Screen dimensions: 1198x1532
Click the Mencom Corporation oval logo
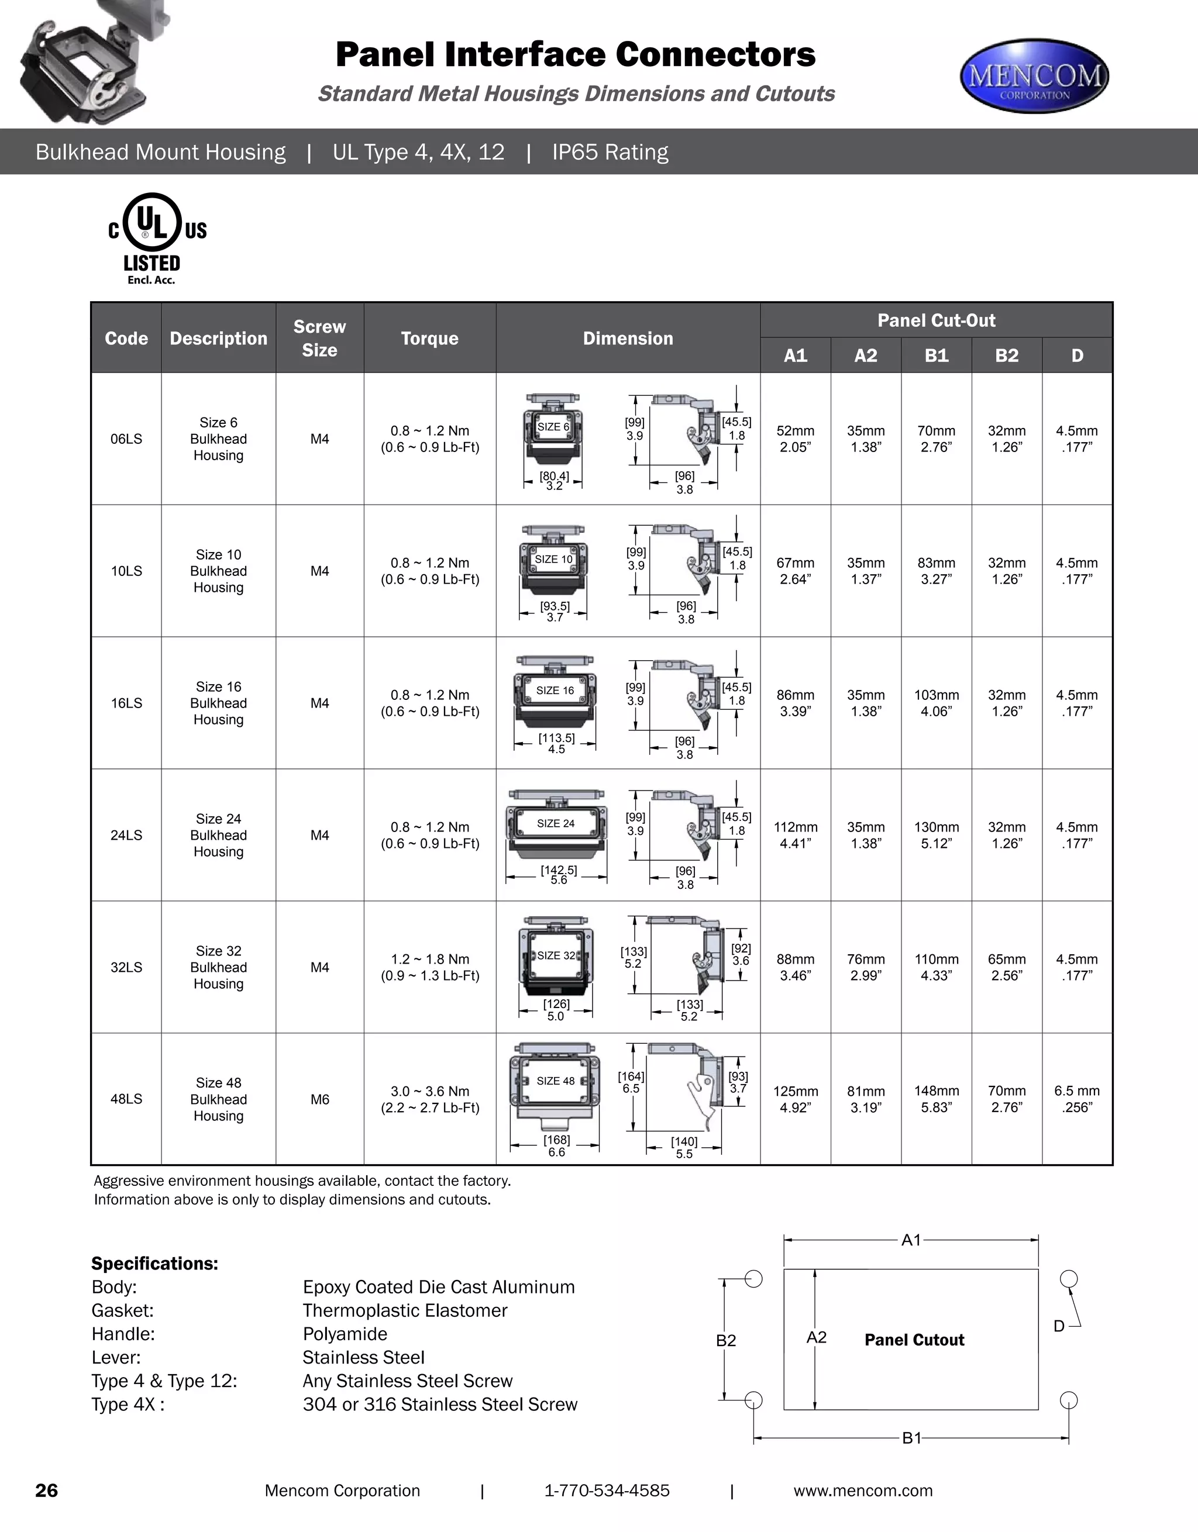coord(1034,76)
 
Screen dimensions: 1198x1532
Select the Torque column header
coord(429,338)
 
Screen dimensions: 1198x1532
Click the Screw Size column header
coord(319,338)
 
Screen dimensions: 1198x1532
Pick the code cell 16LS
coord(126,703)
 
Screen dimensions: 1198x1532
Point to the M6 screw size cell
coord(319,1099)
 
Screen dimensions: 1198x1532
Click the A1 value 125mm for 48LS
coord(795,1099)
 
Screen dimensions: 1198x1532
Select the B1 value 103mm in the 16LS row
coord(936,703)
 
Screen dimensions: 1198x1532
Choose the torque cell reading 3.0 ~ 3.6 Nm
coord(429,1099)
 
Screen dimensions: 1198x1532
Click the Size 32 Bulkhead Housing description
coord(218,967)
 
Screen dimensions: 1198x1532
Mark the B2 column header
coord(1006,356)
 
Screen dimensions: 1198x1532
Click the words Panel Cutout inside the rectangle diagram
coord(914,1340)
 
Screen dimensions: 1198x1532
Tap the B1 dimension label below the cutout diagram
coord(911,1438)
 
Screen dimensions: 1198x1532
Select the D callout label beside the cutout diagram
coord(1059,1326)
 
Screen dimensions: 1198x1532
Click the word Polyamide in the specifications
coord(345,1334)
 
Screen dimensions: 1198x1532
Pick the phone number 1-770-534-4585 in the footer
coord(607,1490)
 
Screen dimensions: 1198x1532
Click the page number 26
coord(46,1490)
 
